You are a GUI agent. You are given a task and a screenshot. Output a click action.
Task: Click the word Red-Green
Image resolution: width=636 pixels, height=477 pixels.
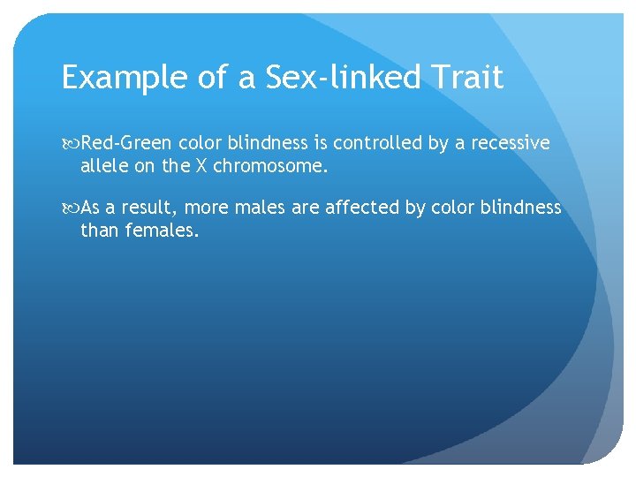[126, 143]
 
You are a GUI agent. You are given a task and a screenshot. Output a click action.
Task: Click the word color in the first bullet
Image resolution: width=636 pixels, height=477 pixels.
[201, 143]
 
